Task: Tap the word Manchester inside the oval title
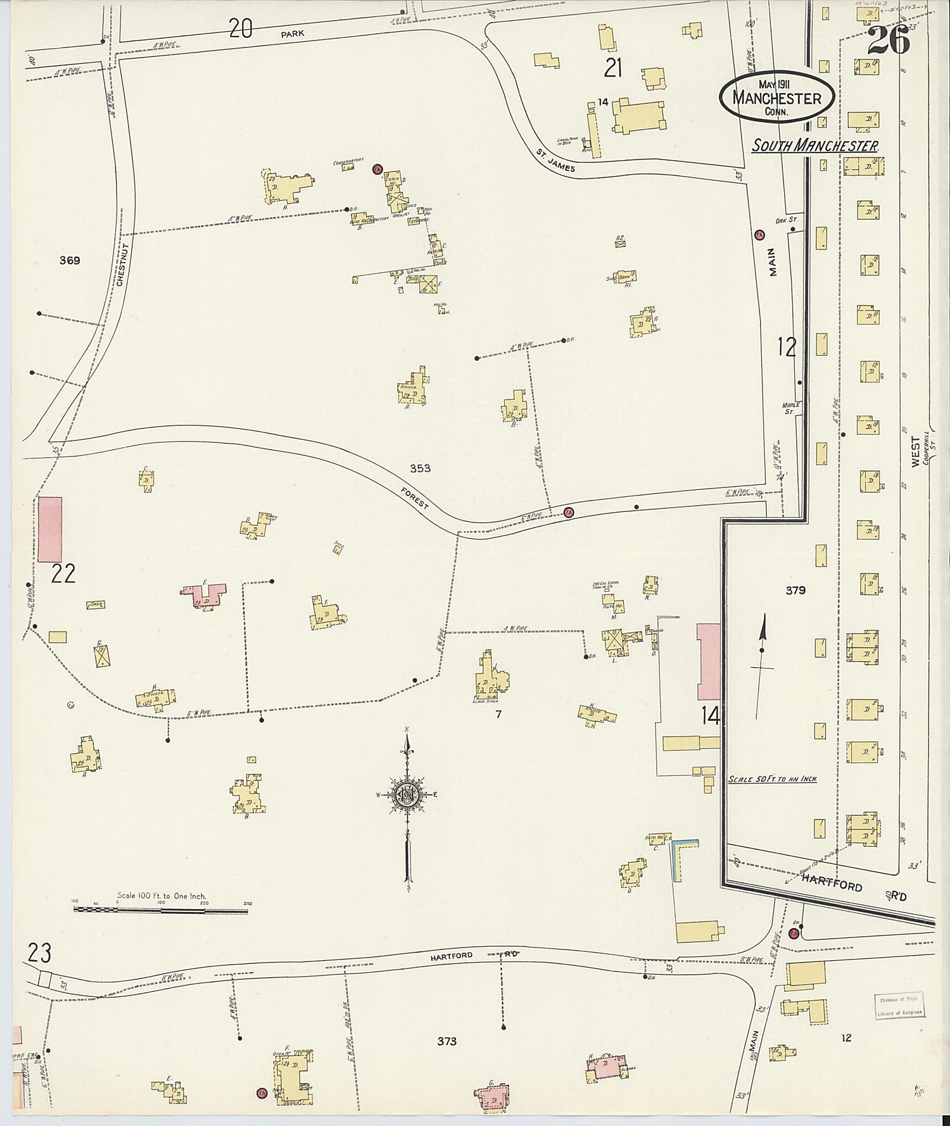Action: pyautogui.click(x=776, y=98)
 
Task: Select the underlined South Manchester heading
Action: pyautogui.click(x=814, y=146)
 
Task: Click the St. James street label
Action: pyautogui.click(x=555, y=161)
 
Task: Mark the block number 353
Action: pyautogui.click(x=420, y=468)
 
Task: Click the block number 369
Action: pyautogui.click(x=70, y=260)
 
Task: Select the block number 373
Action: pyautogui.click(x=446, y=1041)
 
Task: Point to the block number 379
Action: pyautogui.click(x=795, y=590)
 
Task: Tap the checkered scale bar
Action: pyautogui.click(x=160, y=910)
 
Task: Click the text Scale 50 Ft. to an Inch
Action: pyautogui.click(x=772, y=779)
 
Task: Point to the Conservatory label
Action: pyautogui.click(x=348, y=162)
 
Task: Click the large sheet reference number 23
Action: pyautogui.click(x=39, y=952)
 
